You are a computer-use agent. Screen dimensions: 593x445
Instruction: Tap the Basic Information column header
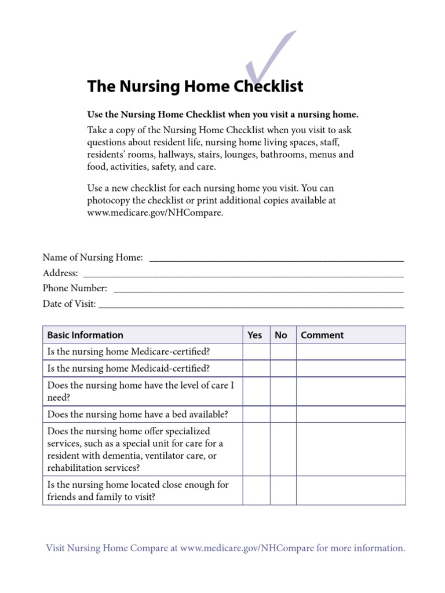(x=85, y=335)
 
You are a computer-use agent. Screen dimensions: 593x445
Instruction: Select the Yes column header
(x=255, y=335)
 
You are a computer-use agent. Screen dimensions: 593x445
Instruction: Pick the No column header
(x=281, y=335)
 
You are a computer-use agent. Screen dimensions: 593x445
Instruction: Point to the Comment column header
(x=322, y=335)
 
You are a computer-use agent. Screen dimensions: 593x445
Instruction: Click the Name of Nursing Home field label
(x=93, y=257)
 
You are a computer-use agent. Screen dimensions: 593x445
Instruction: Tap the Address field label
(x=60, y=273)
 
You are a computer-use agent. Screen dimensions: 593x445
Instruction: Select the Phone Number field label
(x=75, y=288)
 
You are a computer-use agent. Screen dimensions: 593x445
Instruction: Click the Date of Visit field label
(x=70, y=303)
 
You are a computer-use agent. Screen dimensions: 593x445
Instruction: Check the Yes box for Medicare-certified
(x=256, y=352)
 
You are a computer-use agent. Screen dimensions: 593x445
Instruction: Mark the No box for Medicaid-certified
(x=283, y=368)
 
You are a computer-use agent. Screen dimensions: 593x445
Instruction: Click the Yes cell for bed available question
(x=256, y=414)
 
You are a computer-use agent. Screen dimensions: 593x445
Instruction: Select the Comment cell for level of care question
(x=351, y=391)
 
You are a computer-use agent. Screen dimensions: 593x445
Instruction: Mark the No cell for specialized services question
(x=283, y=449)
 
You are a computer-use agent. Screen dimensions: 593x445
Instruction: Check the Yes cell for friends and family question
(x=256, y=490)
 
